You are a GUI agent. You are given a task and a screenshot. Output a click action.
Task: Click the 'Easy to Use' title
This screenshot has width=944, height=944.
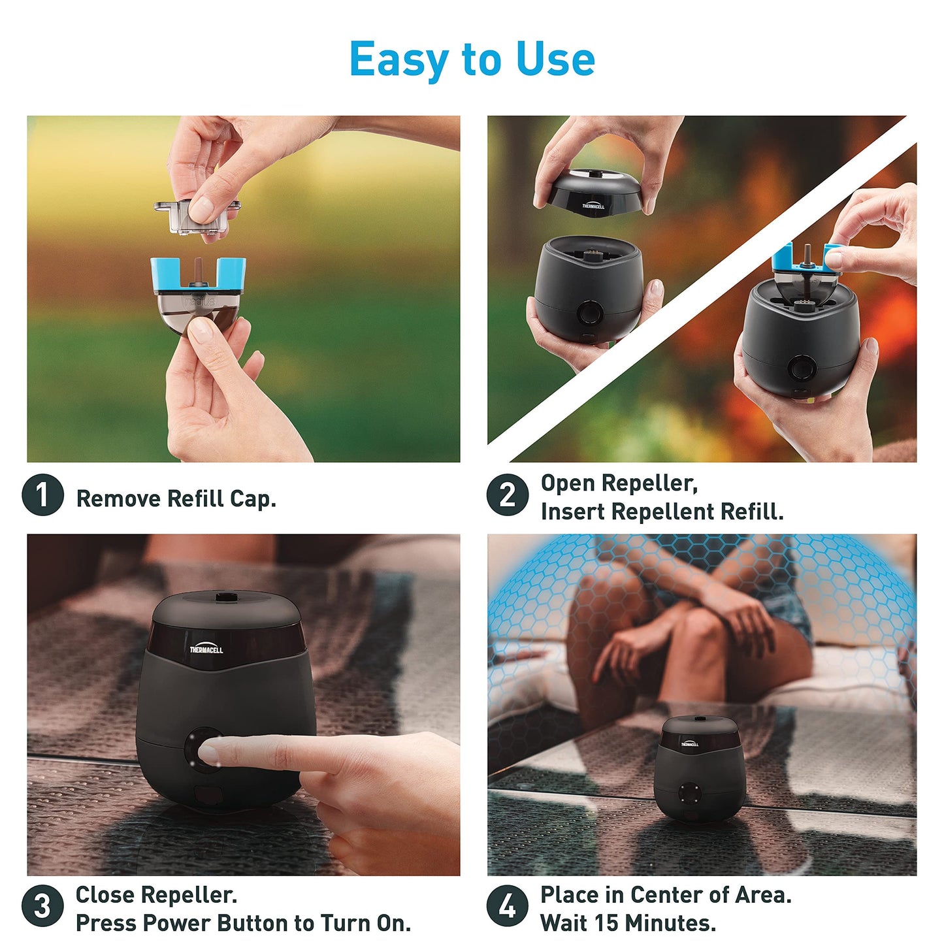point(472,59)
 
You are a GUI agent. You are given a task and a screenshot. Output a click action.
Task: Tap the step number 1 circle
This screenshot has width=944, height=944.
point(42,495)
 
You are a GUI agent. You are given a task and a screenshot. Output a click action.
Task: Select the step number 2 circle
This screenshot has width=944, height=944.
point(507,495)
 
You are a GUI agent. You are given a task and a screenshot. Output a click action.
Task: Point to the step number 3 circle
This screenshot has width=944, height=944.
point(42,906)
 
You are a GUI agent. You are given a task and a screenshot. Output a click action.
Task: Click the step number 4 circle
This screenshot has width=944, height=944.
point(507,906)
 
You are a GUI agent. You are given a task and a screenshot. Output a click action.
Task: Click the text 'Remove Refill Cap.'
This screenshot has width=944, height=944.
point(176,499)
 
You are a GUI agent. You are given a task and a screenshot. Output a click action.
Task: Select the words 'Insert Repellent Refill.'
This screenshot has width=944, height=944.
point(662,512)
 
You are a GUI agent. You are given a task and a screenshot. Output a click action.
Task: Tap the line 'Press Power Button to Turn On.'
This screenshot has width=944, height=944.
point(243,922)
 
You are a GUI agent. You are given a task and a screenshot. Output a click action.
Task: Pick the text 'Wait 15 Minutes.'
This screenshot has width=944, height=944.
point(628,922)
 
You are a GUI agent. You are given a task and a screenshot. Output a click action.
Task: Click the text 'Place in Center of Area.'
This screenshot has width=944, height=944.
point(666,894)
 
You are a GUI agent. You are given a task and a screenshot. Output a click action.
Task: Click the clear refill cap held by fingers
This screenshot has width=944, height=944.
point(196,216)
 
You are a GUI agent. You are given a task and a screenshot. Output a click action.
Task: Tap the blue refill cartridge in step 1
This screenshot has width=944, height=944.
point(198,291)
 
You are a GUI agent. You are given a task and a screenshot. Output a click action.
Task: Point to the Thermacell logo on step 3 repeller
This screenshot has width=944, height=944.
point(206,649)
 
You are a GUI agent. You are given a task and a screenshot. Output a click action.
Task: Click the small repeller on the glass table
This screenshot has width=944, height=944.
point(698,768)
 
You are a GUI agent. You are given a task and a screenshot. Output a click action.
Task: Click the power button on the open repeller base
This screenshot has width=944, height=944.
point(589,312)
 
